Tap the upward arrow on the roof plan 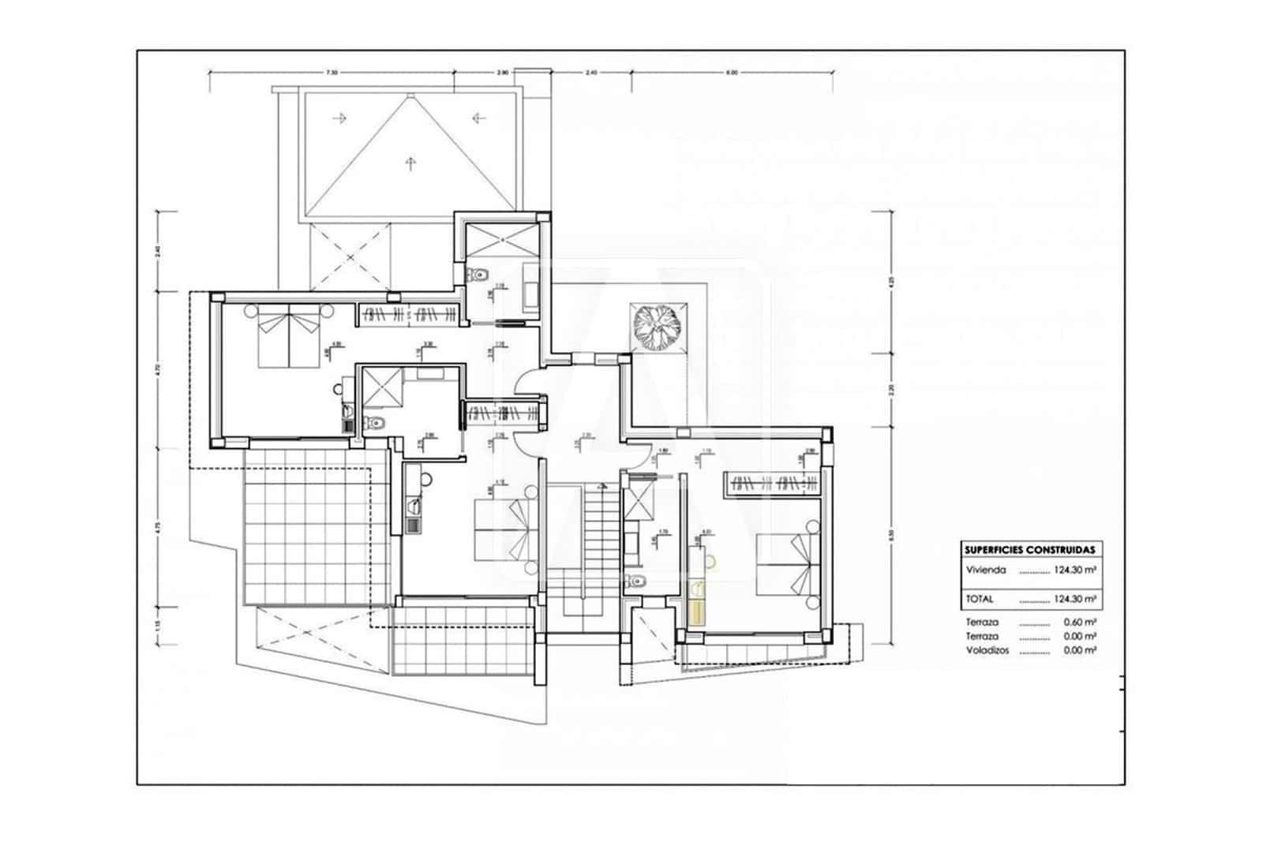pyautogui.click(x=409, y=163)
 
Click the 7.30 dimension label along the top pyautogui.click(x=332, y=73)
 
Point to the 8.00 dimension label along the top pyautogui.click(x=732, y=73)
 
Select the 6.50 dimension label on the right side pyautogui.click(x=891, y=533)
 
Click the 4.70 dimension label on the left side pyautogui.click(x=158, y=368)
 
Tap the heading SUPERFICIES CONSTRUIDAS pyautogui.click(x=1029, y=549)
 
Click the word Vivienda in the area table pyautogui.click(x=986, y=570)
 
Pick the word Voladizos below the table pyautogui.click(x=988, y=651)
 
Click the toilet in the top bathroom pyautogui.click(x=474, y=275)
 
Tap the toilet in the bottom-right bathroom pyautogui.click(x=637, y=582)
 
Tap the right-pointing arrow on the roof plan pyautogui.click(x=340, y=118)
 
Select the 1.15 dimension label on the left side pyautogui.click(x=158, y=623)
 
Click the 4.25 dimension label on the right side pyautogui.click(x=891, y=282)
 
